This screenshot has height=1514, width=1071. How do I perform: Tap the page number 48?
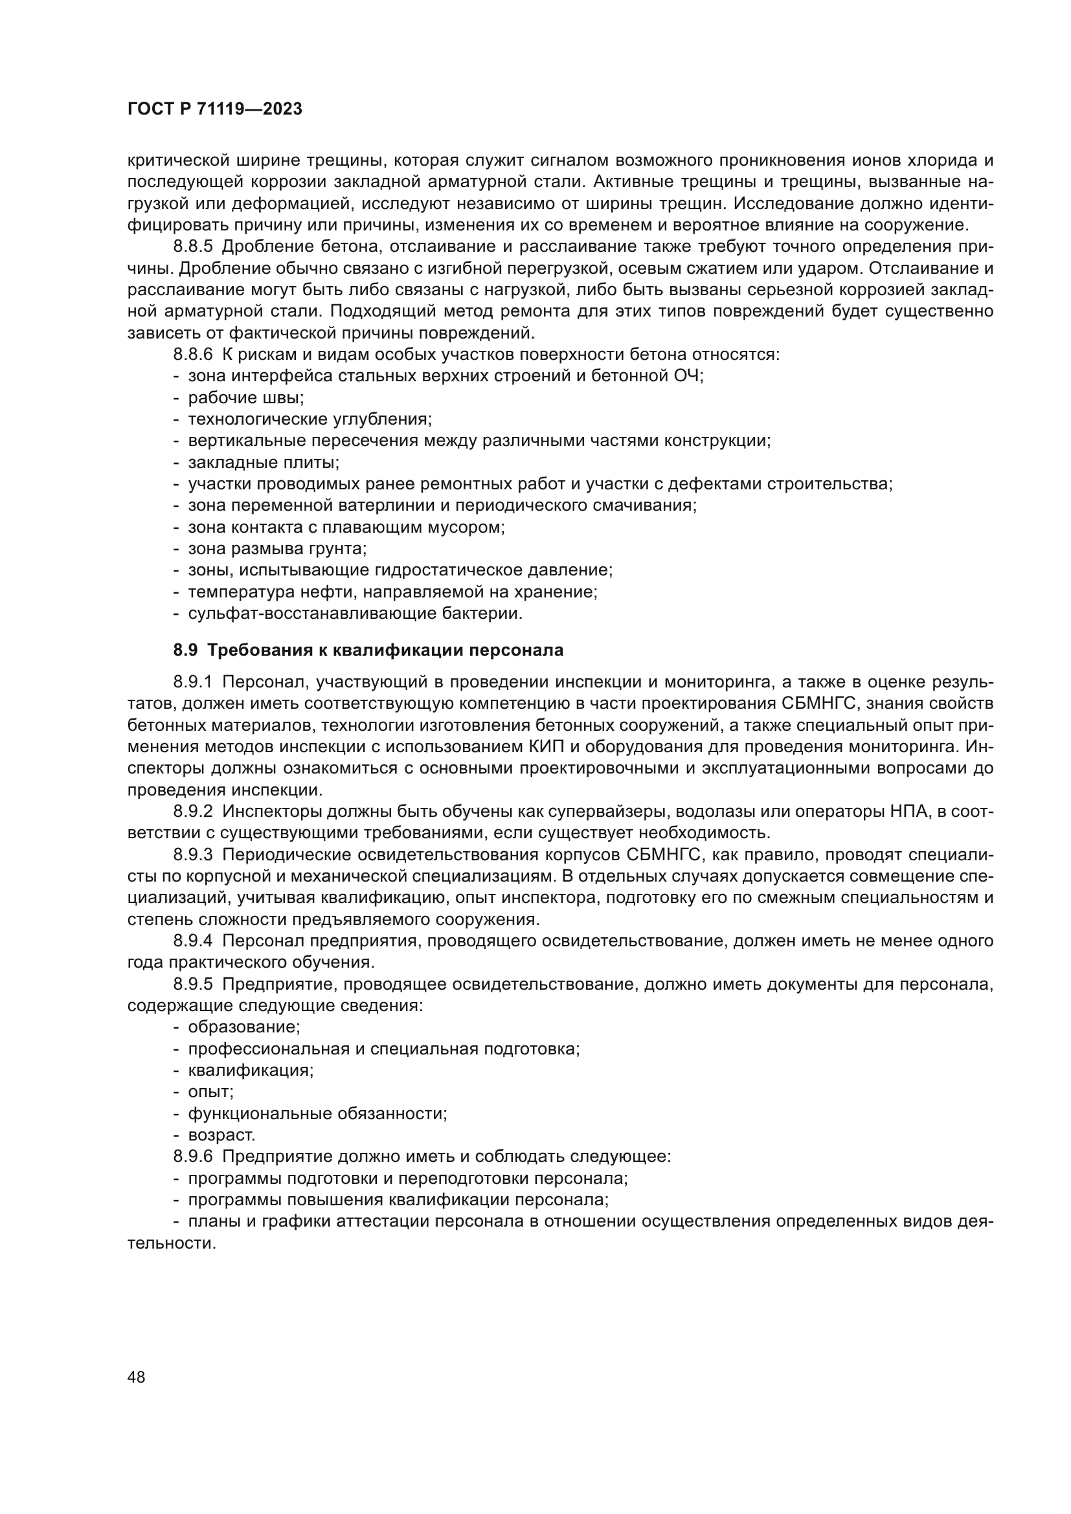coord(137,1377)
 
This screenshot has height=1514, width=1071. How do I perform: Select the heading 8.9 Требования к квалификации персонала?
coord(368,650)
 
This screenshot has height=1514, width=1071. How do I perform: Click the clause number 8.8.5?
coord(193,247)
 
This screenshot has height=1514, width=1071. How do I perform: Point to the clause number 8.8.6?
coord(193,355)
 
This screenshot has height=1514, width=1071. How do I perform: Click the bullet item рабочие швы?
coord(245,398)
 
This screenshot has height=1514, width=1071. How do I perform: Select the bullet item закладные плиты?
coord(263,463)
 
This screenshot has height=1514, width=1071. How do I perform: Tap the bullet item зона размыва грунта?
coord(277,549)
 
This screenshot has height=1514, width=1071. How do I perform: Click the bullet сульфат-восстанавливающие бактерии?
coord(355,613)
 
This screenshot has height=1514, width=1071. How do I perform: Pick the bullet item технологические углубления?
coord(310,419)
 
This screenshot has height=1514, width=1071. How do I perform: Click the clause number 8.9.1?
coord(193,682)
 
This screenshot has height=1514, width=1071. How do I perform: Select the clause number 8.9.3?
coord(193,854)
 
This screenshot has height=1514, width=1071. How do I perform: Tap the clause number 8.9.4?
coord(193,941)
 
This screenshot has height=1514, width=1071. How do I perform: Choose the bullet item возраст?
coord(221,1135)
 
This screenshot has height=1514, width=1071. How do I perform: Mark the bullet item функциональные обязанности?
coord(317,1113)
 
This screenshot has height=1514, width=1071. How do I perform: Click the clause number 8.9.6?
coord(193,1156)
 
